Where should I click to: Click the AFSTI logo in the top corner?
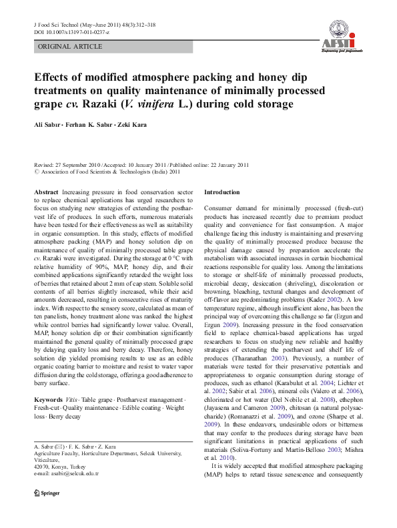341,35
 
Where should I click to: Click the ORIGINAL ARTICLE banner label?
70,47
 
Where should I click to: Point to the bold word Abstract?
46,192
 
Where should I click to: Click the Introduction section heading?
220,192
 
